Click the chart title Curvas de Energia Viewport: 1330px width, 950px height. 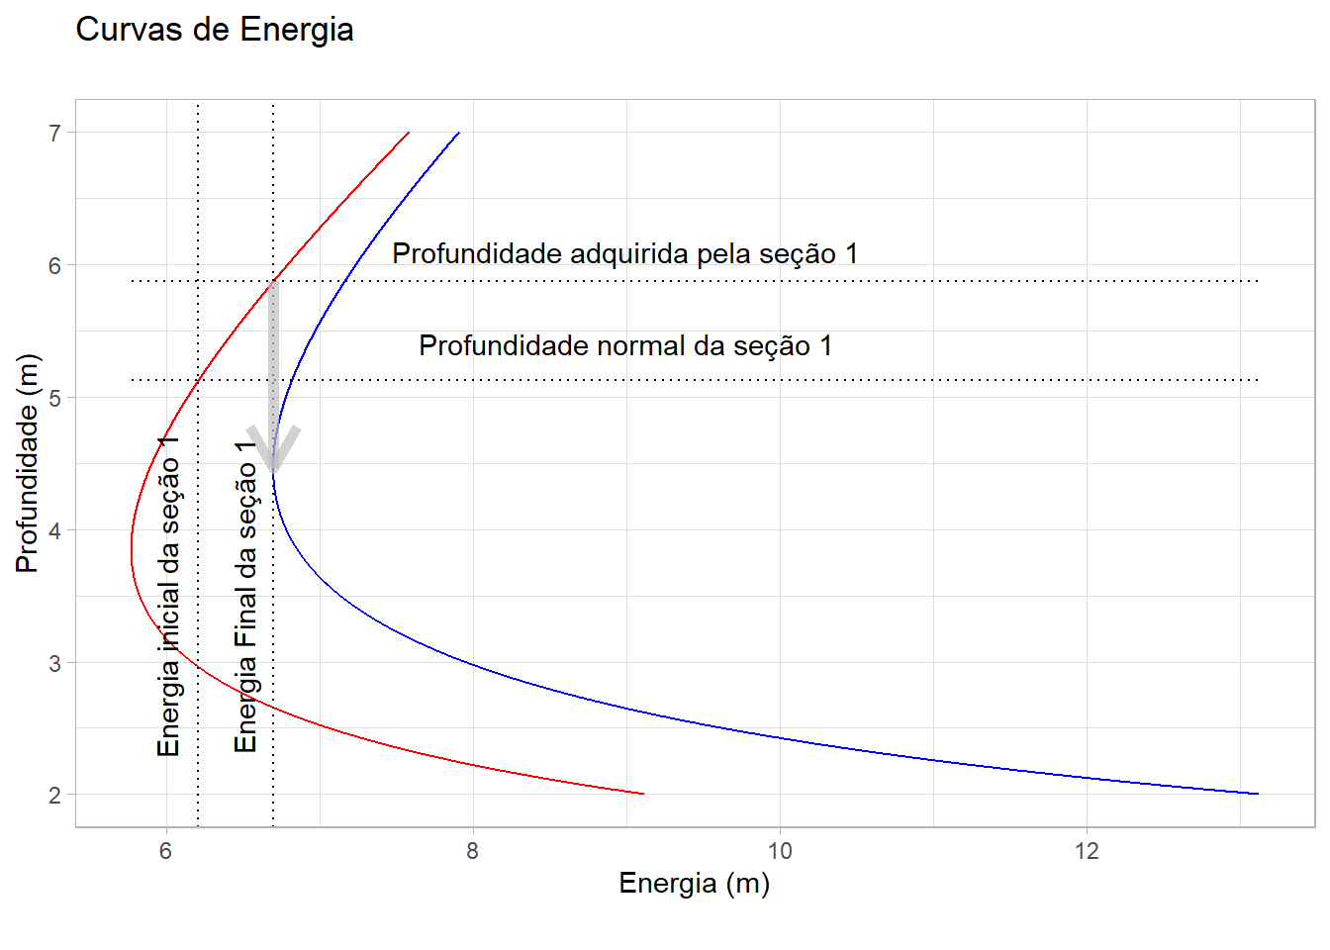click(x=214, y=30)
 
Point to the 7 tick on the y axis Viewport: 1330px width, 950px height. click(x=55, y=133)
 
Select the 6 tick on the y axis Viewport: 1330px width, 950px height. click(x=55, y=265)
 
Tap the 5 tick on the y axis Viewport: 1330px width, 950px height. click(x=55, y=398)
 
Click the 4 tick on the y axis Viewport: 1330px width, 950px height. click(x=55, y=530)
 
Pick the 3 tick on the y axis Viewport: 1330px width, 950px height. click(x=55, y=663)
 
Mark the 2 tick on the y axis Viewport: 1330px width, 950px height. click(x=55, y=796)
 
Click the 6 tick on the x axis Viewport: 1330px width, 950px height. click(x=165, y=851)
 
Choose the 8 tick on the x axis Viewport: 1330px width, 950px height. click(x=472, y=851)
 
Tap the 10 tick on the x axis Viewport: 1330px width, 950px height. click(x=780, y=851)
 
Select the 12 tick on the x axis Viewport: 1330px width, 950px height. click(x=1087, y=851)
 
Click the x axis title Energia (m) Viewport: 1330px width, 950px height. click(x=694, y=883)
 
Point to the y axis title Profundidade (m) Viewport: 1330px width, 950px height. click(x=27, y=463)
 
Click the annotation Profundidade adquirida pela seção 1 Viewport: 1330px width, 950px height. click(x=624, y=254)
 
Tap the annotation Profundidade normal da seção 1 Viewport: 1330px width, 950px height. click(x=625, y=346)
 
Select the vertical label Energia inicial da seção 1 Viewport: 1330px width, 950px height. click(x=168, y=595)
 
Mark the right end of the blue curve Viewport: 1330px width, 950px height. click(x=1257, y=793)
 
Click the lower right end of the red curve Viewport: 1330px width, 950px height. click(x=642, y=793)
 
